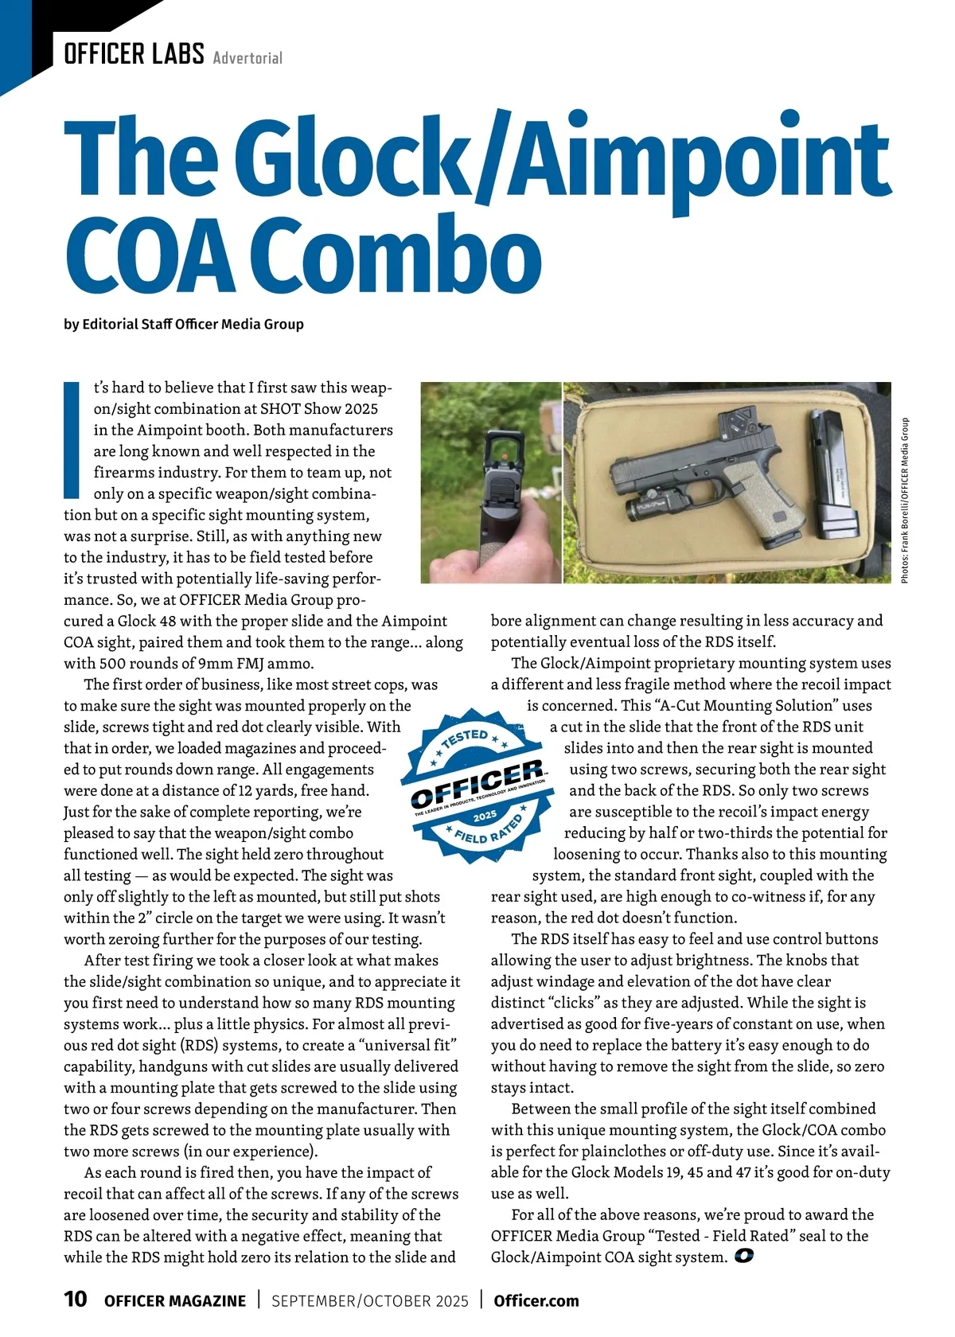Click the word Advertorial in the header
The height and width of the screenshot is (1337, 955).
tap(248, 57)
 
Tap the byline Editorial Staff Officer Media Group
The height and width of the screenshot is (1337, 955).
tap(193, 324)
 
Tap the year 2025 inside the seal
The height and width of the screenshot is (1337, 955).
tap(485, 817)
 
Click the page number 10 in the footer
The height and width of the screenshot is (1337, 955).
tap(76, 1300)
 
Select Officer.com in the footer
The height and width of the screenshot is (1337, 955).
tap(536, 1300)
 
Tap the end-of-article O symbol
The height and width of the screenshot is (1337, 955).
tap(744, 1257)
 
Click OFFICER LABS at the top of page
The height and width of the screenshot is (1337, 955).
tap(134, 54)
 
